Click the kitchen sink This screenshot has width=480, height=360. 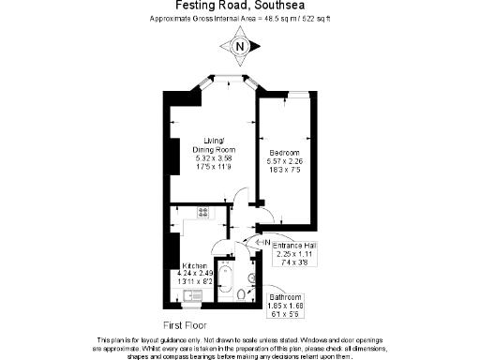191,297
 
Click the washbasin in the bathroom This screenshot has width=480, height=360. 252,278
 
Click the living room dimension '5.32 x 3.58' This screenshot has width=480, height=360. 213,157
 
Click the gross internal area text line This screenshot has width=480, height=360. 240,20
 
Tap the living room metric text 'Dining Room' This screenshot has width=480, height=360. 213,149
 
